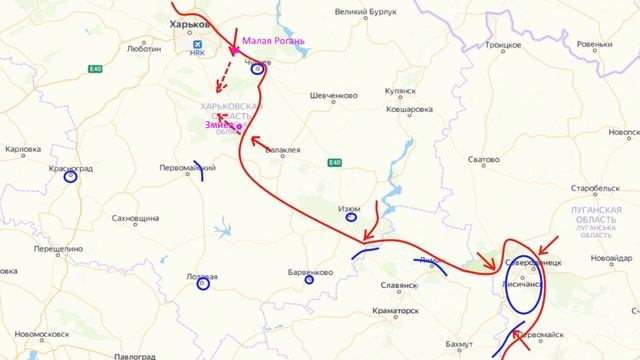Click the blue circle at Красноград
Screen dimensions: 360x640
[70, 179]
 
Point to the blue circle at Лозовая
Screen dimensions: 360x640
[202, 286]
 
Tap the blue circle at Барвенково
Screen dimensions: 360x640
[309, 280]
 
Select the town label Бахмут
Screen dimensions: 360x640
[461, 343]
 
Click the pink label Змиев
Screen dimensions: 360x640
[220, 125]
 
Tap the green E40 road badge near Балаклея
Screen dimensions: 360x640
[333, 162]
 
